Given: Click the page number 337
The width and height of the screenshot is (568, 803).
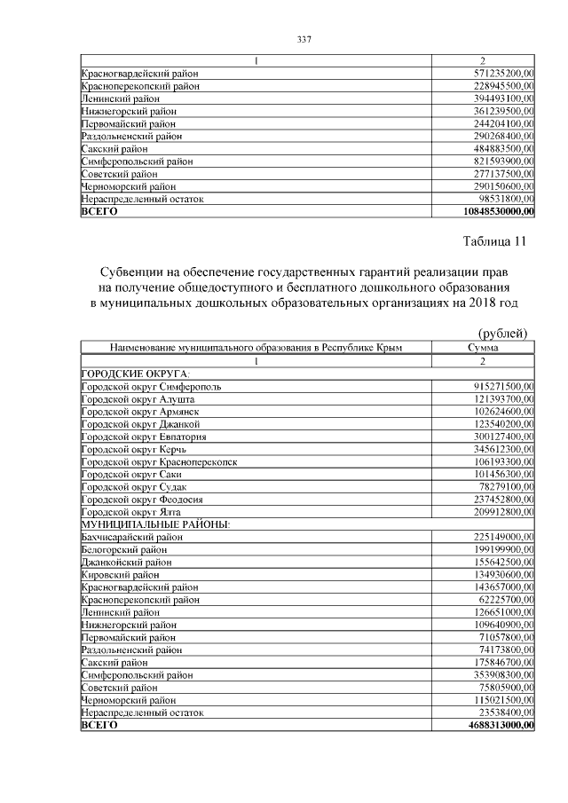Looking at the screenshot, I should pos(303,39).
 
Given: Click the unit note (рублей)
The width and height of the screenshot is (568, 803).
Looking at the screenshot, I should pos(502,333).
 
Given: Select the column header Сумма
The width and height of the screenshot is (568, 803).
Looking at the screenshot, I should pos(483,349).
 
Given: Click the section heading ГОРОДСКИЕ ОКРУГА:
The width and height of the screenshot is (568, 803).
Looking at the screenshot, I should pos(136,374).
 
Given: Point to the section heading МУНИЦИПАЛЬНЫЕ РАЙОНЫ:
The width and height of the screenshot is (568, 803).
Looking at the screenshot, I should pos(155,524).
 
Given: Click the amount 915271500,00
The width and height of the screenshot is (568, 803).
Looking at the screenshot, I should pos(504,387).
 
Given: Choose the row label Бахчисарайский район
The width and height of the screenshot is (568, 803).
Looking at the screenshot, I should pos(132,537).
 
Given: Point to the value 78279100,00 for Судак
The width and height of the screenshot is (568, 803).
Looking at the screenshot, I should pos(507,487).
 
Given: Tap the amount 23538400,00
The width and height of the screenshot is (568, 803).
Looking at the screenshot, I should pos(507,712).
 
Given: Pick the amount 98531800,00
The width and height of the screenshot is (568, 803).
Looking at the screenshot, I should pos(507,200).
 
